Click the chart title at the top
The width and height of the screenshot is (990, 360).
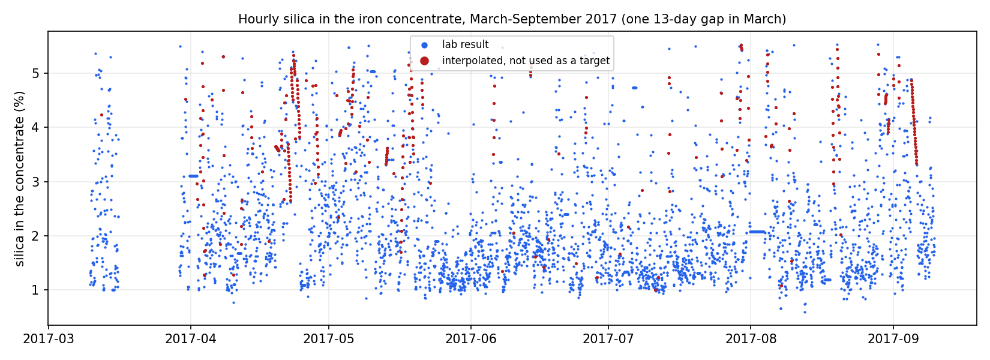pyautogui.click(x=512, y=19)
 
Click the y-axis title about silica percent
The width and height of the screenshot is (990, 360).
pyautogui.click(x=19, y=178)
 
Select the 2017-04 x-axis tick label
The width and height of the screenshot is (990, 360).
pyautogui.click(x=190, y=339)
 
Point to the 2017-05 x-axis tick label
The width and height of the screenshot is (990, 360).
pyautogui.click(x=328, y=339)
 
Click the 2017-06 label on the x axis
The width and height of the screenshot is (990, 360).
pyautogui.click(x=470, y=339)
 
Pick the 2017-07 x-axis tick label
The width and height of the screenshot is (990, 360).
pyautogui.click(x=608, y=339)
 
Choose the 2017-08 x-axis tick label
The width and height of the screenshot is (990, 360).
pyautogui.click(x=751, y=339)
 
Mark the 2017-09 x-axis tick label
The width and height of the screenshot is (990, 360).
pyautogui.click(x=893, y=339)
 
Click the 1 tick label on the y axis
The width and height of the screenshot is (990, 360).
pyautogui.click(x=36, y=290)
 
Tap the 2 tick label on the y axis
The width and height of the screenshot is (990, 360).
pyautogui.click(x=36, y=236)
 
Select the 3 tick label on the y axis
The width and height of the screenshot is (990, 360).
pyautogui.click(x=36, y=182)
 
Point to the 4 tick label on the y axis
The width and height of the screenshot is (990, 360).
pyautogui.click(x=36, y=127)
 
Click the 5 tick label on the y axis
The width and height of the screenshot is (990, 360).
pyautogui.click(x=36, y=73)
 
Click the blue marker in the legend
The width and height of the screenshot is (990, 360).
pyautogui.click(x=424, y=45)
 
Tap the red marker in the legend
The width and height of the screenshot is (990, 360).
pyautogui.click(x=424, y=61)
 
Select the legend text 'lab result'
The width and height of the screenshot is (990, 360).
pyautogui.click(x=466, y=44)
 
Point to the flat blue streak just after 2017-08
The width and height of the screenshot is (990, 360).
pyautogui.click(x=758, y=232)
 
